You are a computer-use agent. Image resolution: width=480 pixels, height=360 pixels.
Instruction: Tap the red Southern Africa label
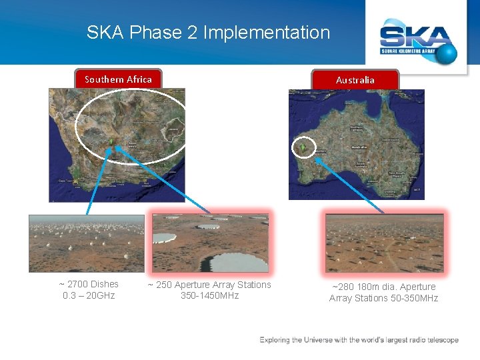point(118,79)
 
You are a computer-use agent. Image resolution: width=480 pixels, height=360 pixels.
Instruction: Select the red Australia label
point(355,80)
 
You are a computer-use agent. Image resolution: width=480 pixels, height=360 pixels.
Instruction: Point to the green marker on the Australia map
point(303,147)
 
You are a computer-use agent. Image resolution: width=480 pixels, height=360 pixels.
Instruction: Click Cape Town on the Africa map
point(65,180)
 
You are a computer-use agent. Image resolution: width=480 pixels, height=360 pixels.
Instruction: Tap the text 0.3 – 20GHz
point(89,295)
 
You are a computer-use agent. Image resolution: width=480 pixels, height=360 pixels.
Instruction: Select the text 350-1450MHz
point(209,295)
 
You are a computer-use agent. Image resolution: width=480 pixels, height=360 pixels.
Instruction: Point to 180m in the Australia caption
point(368,287)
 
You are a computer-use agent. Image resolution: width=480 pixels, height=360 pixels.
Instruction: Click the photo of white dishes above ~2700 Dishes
point(86,243)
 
